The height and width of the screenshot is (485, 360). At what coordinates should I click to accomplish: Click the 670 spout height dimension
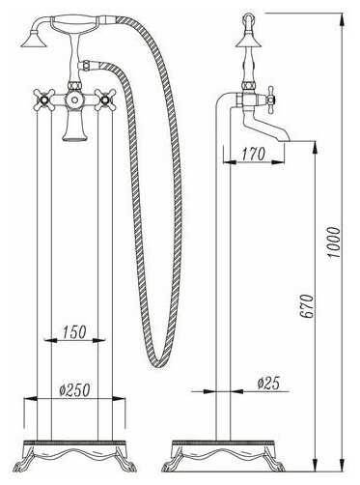point(308,306)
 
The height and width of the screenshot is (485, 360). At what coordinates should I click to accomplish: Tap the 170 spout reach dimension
point(254,155)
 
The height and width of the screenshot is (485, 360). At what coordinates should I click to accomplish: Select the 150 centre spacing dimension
point(74,332)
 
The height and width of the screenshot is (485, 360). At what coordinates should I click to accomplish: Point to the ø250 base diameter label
point(74,389)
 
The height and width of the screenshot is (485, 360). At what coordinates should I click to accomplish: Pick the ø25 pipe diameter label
point(268,384)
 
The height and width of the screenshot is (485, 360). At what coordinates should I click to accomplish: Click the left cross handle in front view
point(42,100)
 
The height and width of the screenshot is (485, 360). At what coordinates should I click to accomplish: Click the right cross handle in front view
point(104,100)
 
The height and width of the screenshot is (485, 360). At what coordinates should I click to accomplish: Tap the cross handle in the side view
point(271,100)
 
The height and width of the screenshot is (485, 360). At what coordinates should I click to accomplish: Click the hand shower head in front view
point(34,40)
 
